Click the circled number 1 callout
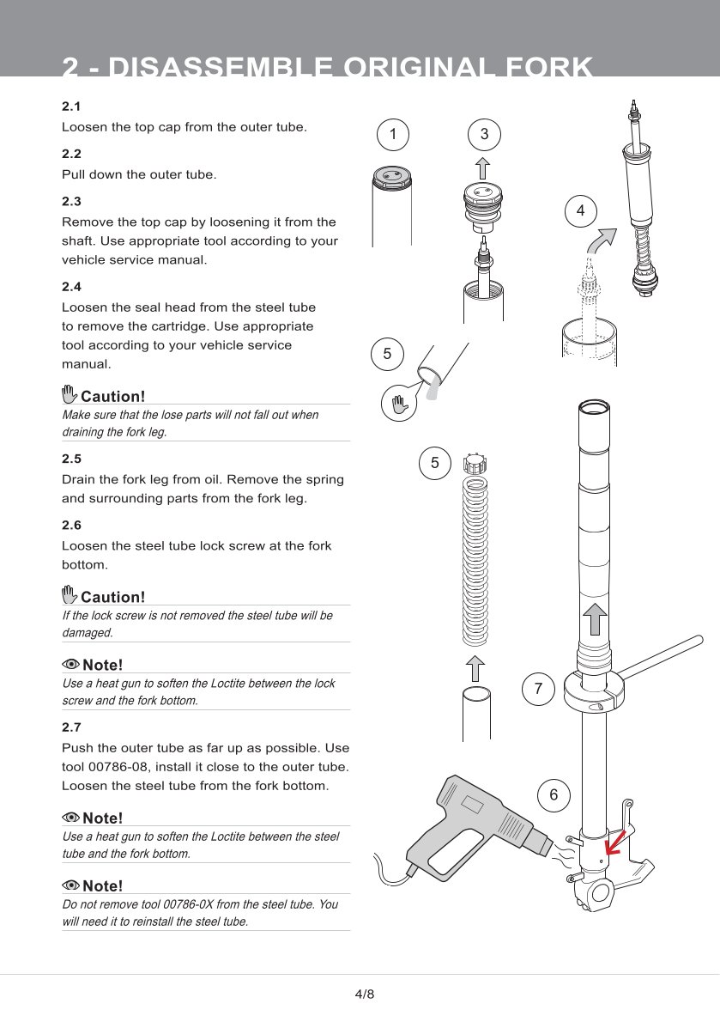click(x=393, y=134)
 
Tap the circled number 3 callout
click(x=484, y=134)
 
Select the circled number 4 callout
click(x=581, y=210)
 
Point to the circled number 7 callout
click(x=538, y=688)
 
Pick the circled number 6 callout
click(x=554, y=794)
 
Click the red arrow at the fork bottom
click(x=615, y=842)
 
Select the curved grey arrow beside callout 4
click(x=600, y=242)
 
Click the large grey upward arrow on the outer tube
click(x=595, y=618)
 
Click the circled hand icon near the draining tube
click(x=399, y=404)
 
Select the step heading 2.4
click(x=71, y=287)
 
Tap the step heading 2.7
click(x=71, y=727)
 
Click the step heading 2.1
click(x=71, y=106)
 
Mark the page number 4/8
click(x=365, y=994)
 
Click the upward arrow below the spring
click(x=476, y=669)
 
